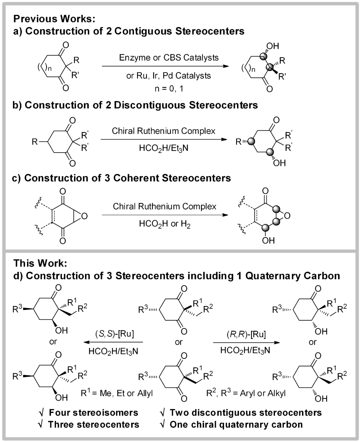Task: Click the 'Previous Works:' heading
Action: [54, 19]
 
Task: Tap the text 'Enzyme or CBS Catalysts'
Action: [169, 58]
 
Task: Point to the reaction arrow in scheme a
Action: [165, 66]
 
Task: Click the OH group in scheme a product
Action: [273, 46]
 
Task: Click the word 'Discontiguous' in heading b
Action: [150, 105]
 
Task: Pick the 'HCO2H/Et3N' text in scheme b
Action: [164, 148]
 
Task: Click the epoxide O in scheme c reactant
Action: [84, 216]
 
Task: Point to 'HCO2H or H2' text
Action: [165, 224]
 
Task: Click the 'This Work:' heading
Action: [40, 263]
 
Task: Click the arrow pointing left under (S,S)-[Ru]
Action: [113, 342]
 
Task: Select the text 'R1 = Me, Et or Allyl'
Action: [117, 393]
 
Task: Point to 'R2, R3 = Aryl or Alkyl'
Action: [246, 393]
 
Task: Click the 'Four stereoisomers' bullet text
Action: [93, 413]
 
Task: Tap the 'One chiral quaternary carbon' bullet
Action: [236, 424]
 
